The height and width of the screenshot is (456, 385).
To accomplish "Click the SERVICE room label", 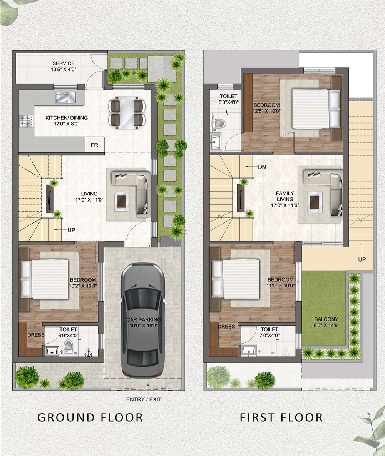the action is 64,63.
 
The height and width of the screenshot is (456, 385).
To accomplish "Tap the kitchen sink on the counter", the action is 65,97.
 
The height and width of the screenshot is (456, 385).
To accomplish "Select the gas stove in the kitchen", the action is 26,121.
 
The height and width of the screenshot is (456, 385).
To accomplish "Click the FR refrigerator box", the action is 95,145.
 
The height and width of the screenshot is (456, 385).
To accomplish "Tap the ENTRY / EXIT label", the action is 144,399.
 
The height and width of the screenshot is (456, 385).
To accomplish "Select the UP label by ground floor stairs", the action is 71,230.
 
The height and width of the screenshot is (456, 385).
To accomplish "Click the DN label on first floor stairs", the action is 262,167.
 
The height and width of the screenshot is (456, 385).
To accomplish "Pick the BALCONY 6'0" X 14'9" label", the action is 326,322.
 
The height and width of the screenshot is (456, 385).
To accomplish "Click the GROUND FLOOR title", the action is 90,418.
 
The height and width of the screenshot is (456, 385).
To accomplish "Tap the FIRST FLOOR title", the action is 281,418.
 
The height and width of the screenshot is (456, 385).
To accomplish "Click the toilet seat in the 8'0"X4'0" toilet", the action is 220,123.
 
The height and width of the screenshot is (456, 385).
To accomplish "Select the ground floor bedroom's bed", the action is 44,279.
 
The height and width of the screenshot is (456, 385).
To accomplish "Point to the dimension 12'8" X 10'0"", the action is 266,111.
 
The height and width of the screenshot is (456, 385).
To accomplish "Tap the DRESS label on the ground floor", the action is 36,335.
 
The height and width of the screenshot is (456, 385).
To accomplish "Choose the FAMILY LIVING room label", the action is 285,196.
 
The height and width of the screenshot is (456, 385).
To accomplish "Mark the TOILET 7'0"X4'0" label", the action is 269,332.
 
